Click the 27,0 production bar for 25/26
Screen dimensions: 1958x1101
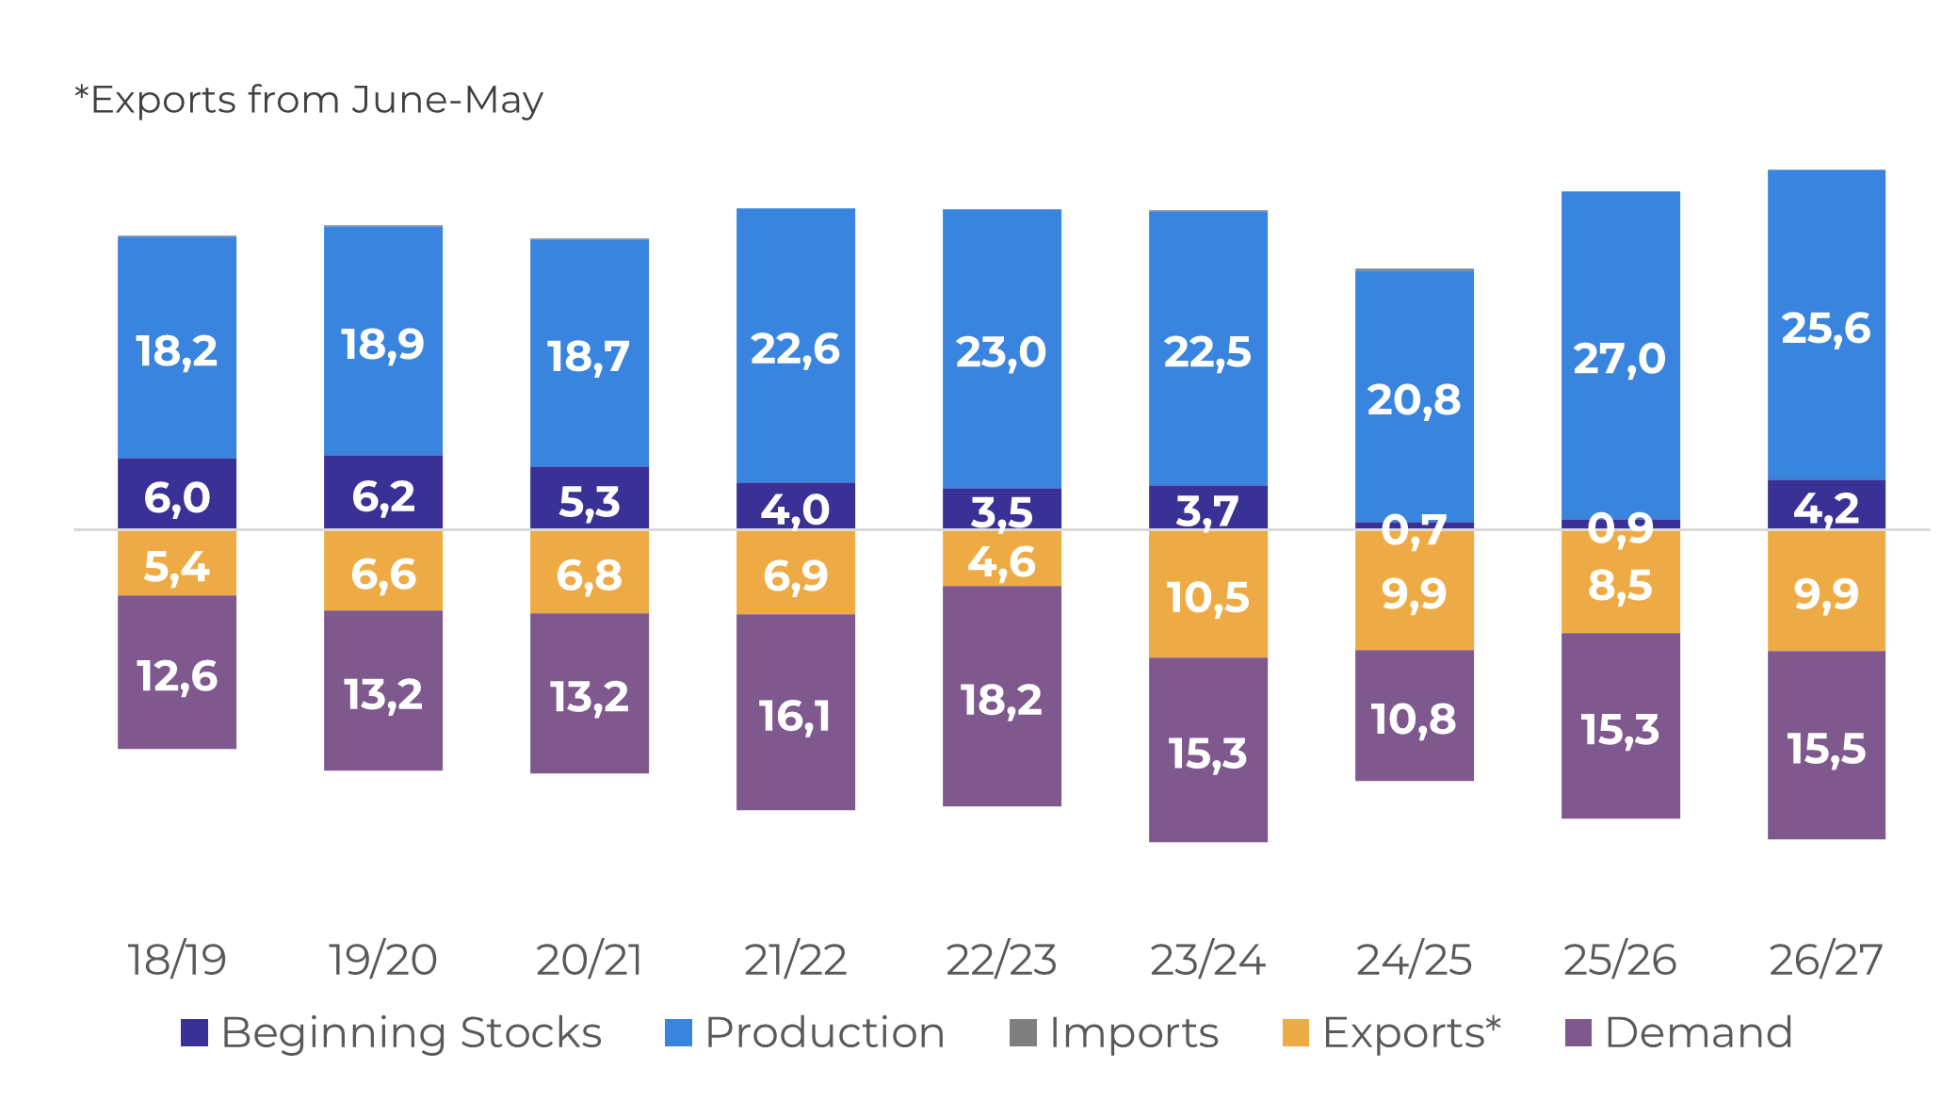tap(1620, 356)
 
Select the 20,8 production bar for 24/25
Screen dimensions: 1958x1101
tap(1414, 397)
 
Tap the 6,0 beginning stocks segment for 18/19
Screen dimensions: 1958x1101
tap(177, 494)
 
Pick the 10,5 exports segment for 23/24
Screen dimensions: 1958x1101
tap(1207, 593)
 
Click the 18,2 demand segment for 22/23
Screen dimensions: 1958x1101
tap(1001, 696)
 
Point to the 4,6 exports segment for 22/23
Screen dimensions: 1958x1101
tap(1001, 559)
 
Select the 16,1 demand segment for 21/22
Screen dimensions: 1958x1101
tap(795, 712)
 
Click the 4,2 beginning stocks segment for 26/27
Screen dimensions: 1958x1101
tap(1826, 505)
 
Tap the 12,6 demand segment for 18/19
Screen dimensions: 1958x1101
tap(177, 672)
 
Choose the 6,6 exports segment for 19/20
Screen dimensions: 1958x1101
tap(383, 571)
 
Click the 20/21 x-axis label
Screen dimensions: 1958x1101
tap(590, 960)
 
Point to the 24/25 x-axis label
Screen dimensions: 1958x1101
tap(1414, 960)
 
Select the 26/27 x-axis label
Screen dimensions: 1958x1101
tap(1826, 960)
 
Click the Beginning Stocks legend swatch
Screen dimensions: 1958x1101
tap(194, 1033)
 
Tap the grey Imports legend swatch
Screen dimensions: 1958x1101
tap(1023, 1033)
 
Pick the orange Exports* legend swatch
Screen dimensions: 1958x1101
tap(1296, 1033)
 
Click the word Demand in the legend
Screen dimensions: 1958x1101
tap(1698, 1033)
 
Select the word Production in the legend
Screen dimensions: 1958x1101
tap(825, 1033)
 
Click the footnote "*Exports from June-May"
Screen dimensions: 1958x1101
tap(309, 100)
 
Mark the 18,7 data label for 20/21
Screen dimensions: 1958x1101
tap(589, 357)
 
